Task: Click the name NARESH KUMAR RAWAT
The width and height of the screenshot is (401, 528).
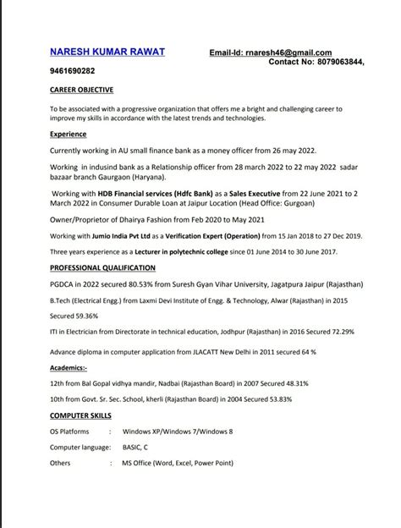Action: (107, 52)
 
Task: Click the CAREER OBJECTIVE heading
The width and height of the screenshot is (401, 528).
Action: (81, 90)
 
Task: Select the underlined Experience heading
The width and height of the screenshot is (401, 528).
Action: (68, 134)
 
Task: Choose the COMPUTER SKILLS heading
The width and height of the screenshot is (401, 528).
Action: (82, 417)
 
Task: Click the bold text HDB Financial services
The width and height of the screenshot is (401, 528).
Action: (135, 193)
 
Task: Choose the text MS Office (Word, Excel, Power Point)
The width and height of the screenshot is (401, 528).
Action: (177, 463)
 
